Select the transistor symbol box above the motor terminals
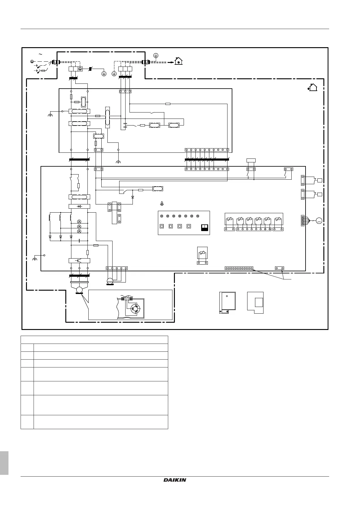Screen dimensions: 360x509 79,260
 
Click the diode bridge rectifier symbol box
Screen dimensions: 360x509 79,206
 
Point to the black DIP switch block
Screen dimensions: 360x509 205,227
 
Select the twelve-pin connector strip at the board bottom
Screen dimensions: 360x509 239,268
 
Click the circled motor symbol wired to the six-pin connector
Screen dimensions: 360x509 319,221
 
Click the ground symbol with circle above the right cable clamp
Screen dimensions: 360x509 156,55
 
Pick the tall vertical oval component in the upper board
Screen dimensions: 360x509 107,118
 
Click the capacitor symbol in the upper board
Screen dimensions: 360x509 125,124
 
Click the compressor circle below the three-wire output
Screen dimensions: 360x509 80,290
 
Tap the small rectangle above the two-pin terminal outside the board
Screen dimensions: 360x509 251,160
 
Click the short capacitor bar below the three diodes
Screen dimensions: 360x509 79,241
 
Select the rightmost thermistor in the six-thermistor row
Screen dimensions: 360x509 278,220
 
